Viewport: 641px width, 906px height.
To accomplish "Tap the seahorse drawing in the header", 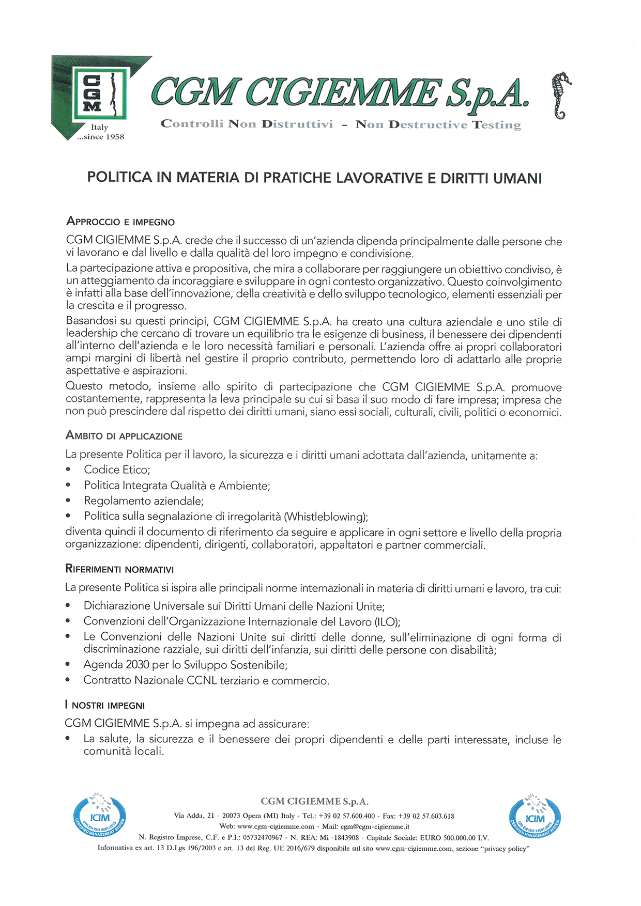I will (x=561, y=96).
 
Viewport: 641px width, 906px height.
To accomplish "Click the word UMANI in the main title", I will (x=517, y=178).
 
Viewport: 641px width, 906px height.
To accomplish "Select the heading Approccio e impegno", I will (x=120, y=222).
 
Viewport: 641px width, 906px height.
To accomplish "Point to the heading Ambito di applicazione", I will (x=124, y=436).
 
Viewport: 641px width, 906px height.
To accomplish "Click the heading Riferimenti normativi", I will (x=119, y=569).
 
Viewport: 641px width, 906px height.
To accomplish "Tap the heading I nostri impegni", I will (x=104, y=705).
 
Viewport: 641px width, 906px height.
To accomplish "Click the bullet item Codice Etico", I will (x=117, y=470).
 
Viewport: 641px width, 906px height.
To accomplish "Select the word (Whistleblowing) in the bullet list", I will (x=326, y=517).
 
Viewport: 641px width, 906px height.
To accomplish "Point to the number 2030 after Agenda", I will (x=138, y=665).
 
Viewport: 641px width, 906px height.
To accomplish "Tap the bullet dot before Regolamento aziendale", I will (x=68, y=501).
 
